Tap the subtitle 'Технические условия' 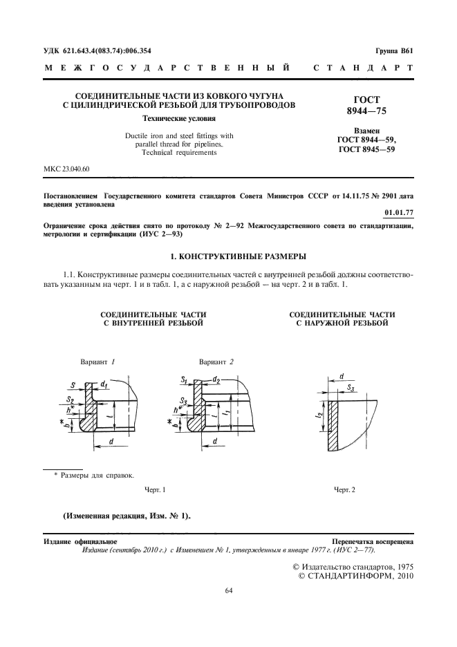tap(164, 119)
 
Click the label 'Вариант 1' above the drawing tap(97, 362)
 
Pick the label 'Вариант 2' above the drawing tap(216, 362)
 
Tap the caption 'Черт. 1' tap(155, 489)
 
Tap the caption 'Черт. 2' tap(344, 489)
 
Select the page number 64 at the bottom tap(229, 590)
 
